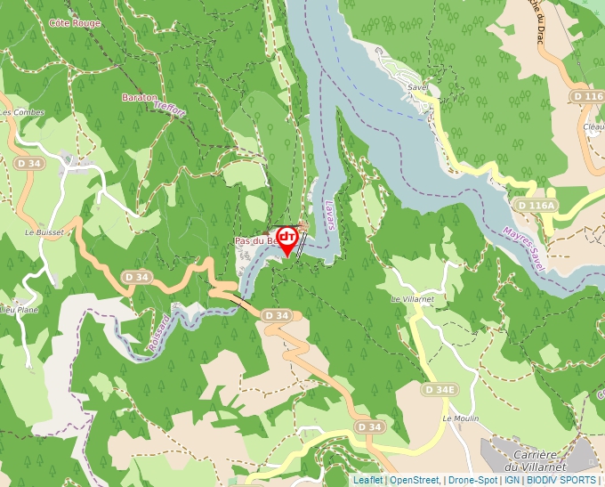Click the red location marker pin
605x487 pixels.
(x=287, y=239)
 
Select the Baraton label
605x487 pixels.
(x=140, y=96)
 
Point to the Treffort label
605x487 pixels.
(x=169, y=110)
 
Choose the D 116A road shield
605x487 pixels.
(x=536, y=205)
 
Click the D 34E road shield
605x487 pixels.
(x=440, y=390)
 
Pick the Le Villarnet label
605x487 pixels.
(x=412, y=299)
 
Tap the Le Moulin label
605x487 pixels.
(x=460, y=418)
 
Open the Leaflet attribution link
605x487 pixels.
(x=367, y=480)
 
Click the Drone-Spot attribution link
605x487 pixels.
(x=472, y=480)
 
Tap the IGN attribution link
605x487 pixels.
(x=512, y=480)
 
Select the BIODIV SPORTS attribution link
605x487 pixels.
(x=561, y=480)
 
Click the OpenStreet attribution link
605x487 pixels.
(x=415, y=480)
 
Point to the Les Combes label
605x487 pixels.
(x=21, y=112)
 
